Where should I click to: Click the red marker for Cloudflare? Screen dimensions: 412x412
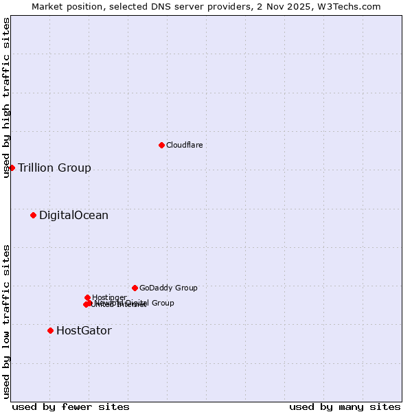(161, 145)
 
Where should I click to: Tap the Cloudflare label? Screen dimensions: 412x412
(184, 145)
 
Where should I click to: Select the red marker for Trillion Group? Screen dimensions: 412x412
(12, 168)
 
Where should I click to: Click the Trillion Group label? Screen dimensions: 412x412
(54, 168)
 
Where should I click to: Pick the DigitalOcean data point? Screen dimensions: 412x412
(33, 216)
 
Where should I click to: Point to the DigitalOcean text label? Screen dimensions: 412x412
(73, 216)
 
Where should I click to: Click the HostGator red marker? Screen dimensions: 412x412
(50, 330)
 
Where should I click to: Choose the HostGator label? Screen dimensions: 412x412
(84, 331)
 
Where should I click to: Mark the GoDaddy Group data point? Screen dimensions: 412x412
(135, 288)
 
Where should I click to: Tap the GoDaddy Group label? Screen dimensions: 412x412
(168, 288)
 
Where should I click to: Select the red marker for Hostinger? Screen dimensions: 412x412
(87, 297)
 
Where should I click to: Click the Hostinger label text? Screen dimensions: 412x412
(110, 297)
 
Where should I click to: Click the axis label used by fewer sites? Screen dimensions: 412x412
(71, 407)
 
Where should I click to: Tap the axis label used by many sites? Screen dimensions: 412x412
(345, 407)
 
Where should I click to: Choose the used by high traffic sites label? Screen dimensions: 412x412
(6, 98)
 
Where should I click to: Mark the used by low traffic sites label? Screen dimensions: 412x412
(6, 321)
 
